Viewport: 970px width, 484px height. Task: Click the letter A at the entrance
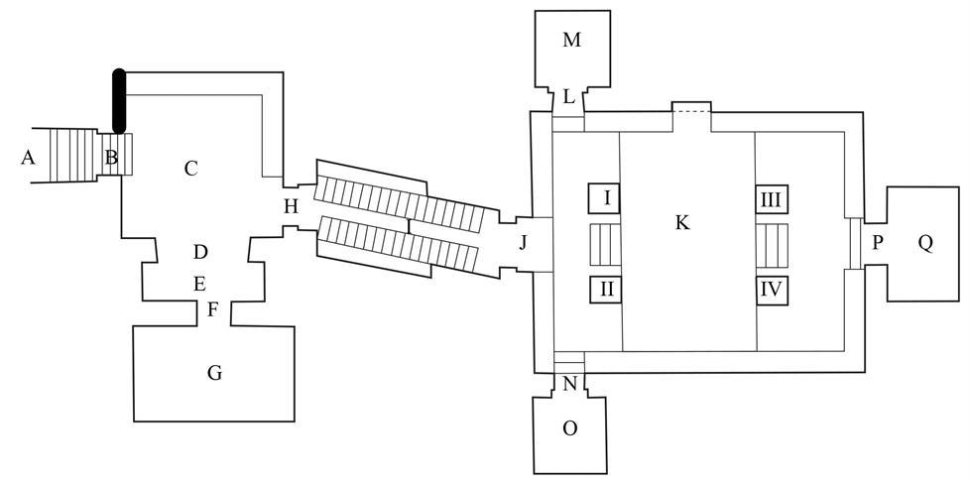tap(27, 159)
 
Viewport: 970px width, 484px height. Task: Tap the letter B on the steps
tap(111, 158)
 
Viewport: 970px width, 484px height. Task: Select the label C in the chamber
tap(190, 169)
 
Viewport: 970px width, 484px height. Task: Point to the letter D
tap(199, 252)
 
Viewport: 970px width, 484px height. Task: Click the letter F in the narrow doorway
tap(212, 309)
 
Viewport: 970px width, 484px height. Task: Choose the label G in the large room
tap(214, 373)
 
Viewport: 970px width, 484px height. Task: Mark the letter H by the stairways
tap(291, 206)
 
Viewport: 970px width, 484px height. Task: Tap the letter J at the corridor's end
tap(523, 243)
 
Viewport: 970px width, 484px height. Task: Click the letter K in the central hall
tap(681, 223)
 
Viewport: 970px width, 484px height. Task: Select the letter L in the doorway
tap(569, 96)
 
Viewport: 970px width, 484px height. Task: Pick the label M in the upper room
tap(572, 41)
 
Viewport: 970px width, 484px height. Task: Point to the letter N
tap(570, 384)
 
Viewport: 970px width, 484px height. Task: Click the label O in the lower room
tap(570, 428)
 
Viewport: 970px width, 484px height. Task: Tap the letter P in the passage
tap(877, 243)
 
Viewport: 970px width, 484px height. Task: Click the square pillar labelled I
tap(604, 199)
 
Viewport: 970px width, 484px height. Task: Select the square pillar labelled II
tap(605, 289)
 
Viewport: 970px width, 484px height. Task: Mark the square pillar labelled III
tap(771, 199)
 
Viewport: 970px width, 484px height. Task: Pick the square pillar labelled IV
tap(771, 289)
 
